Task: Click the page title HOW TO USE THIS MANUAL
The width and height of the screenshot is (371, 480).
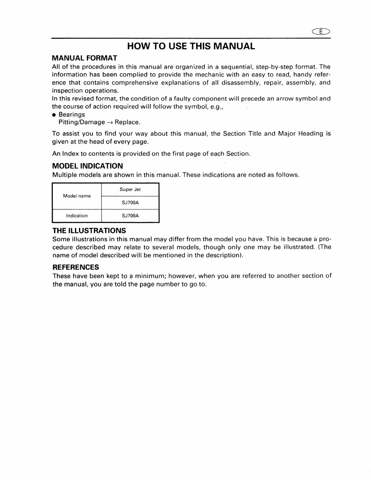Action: [x=191, y=46]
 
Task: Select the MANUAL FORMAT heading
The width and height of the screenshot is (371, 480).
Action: [x=85, y=58]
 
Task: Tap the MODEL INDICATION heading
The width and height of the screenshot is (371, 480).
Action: [x=88, y=166]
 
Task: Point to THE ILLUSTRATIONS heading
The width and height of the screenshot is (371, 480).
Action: [x=89, y=230]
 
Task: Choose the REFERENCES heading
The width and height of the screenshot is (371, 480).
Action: [x=76, y=267]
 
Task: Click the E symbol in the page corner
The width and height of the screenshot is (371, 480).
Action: [x=321, y=32]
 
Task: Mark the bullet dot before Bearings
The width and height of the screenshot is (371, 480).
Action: [x=54, y=115]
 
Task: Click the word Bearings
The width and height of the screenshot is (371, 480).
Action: [x=72, y=115]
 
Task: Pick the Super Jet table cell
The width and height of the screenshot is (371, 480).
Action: [x=130, y=190]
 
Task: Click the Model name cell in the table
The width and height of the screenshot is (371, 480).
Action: [x=77, y=196]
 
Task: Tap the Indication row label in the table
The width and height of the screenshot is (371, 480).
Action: [x=77, y=216]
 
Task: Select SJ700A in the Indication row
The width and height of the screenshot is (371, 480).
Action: [x=130, y=216]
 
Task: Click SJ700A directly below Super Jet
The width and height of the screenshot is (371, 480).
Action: [x=130, y=203]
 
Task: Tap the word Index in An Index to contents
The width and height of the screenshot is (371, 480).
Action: [x=71, y=154]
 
